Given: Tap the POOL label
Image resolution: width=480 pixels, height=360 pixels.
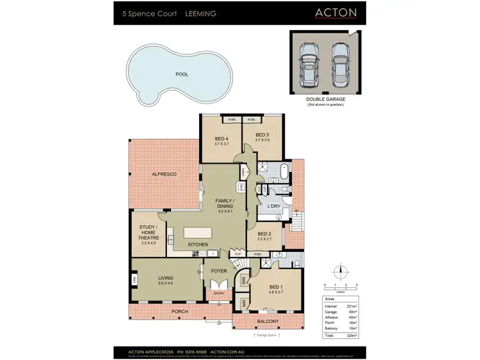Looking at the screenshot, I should (x=182, y=74).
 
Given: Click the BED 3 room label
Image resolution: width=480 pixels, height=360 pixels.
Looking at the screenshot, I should (x=262, y=135).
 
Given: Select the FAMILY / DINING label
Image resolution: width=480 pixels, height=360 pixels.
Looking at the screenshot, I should (x=225, y=203).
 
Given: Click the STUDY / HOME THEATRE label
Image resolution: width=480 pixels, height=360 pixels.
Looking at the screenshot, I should (x=148, y=233).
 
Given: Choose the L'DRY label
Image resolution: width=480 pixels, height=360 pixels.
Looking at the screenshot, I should (x=275, y=207).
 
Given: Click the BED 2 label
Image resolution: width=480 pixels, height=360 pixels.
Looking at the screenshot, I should (x=265, y=234).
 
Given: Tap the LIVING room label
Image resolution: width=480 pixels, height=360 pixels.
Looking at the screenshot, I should (x=166, y=278).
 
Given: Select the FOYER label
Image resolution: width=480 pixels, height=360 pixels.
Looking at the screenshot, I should (x=219, y=271).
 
